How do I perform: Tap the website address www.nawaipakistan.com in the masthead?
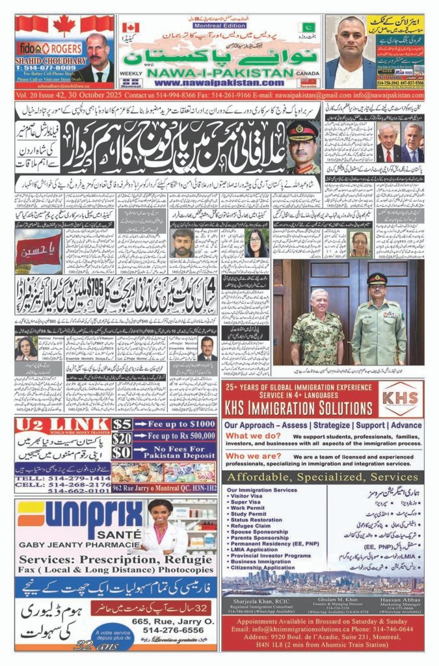pyautogui.click(x=209, y=83)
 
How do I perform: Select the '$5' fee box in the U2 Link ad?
pyautogui.click(x=122, y=425)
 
